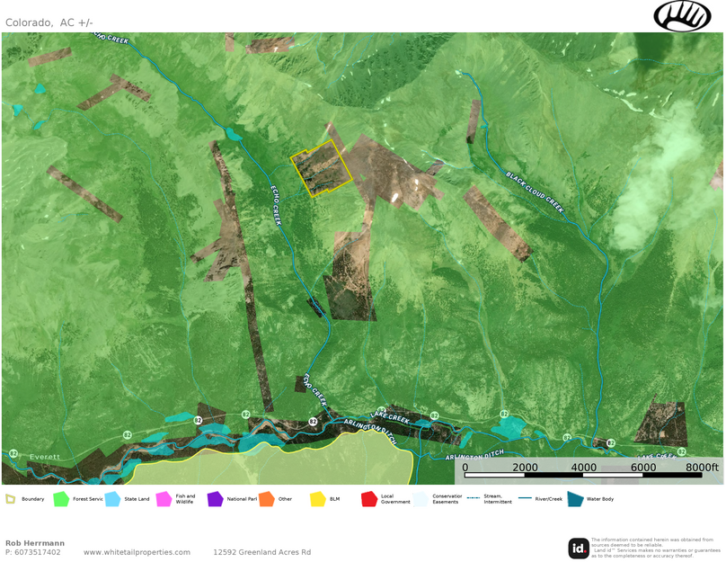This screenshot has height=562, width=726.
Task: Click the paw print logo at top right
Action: (x=682, y=15)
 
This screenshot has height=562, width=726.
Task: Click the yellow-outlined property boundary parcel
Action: (x=320, y=168)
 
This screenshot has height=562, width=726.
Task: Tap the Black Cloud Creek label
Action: (x=534, y=192)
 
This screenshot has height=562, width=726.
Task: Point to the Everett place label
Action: (x=44, y=457)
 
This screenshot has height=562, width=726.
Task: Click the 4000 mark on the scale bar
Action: (x=583, y=468)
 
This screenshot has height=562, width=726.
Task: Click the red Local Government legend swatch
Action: (x=368, y=499)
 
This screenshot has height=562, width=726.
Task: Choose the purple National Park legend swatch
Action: (x=215, y=499)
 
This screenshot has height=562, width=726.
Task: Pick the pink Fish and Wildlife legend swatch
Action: (x=164, y=499)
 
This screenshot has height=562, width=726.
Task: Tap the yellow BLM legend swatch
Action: (x=317, y=499)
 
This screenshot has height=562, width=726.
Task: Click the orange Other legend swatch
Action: (x=266, y=499)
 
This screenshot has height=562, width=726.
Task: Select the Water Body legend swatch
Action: (x=575, y=499)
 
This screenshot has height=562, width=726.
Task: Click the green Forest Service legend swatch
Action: (x=61, y=499)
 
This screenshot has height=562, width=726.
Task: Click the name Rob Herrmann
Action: (x=35, y=543)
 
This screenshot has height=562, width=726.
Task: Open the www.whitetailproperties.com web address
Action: (x=137, y=552)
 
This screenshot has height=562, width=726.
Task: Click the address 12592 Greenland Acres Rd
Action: (x=261, y=552)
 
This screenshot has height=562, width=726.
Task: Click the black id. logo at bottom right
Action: (x=579, y=548)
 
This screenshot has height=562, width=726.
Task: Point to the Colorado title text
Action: (x=27, y=22)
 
